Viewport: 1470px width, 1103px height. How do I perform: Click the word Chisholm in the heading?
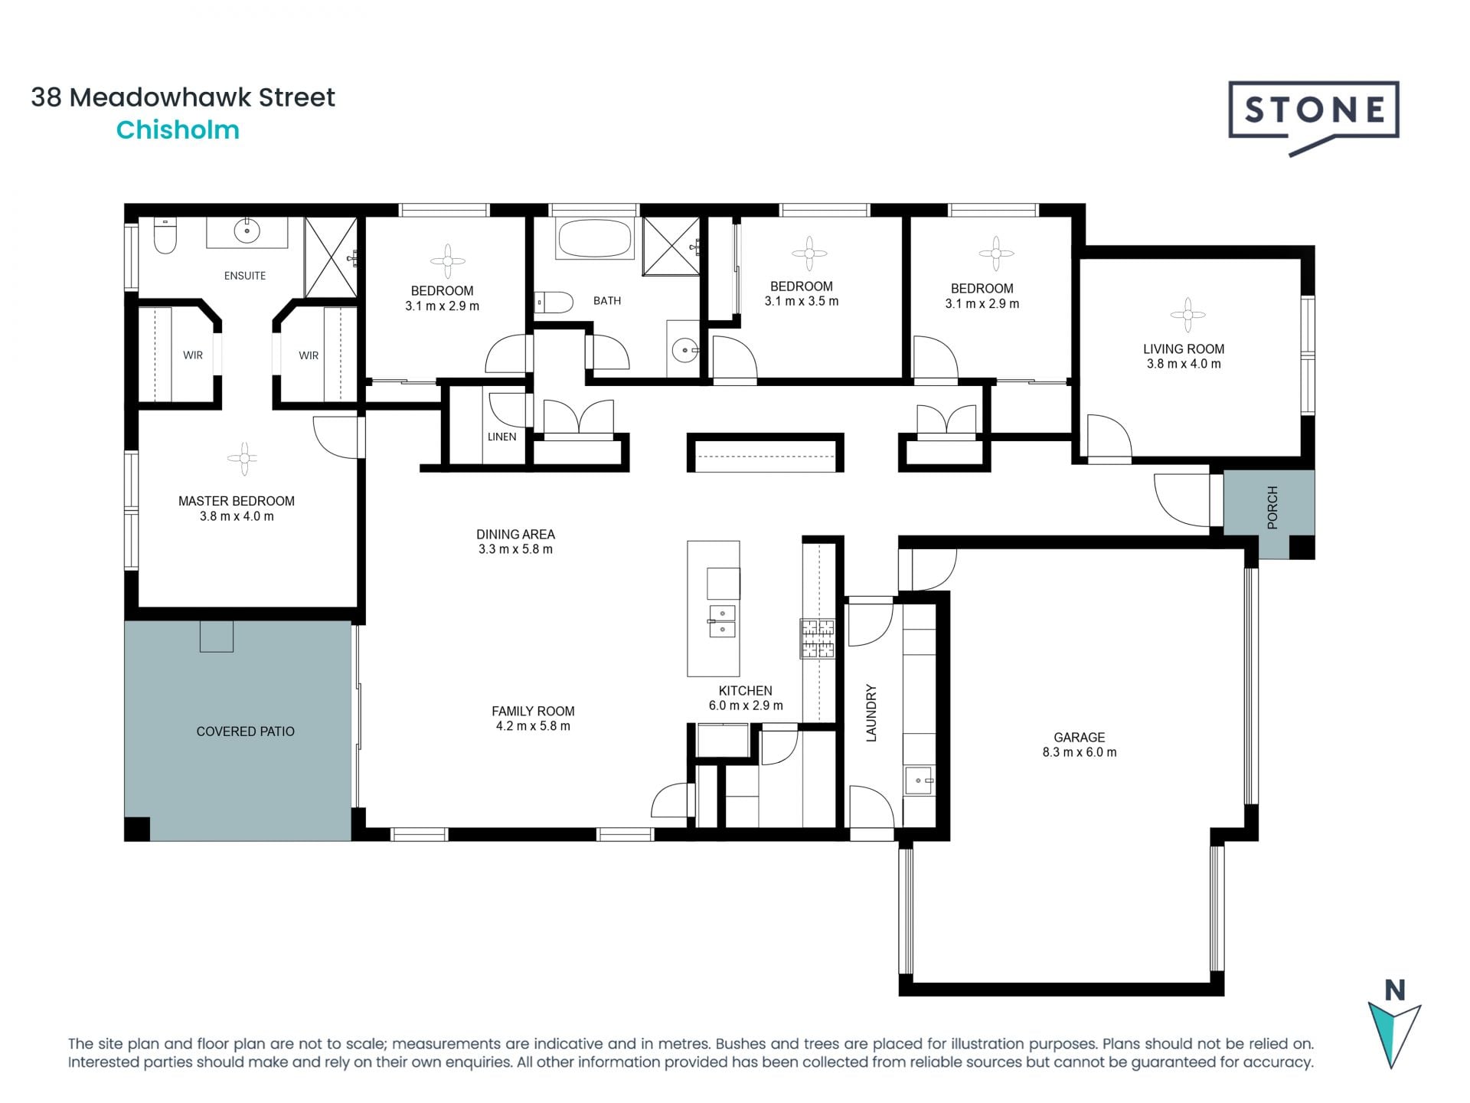click(178, 130)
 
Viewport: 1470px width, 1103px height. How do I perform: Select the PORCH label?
click(1272, 507)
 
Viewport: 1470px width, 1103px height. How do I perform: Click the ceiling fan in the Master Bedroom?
click(243, 459)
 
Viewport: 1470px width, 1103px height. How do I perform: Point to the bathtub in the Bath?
click(595, 239)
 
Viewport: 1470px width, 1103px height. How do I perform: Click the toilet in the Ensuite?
click(165, 236)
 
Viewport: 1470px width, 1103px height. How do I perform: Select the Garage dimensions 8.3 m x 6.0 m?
click(1079, 752)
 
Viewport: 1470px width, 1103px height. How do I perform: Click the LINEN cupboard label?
click(501, 437)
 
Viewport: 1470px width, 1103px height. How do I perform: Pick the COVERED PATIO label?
click(245, 732)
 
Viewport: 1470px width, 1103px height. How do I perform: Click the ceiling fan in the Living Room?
click(1187, 314)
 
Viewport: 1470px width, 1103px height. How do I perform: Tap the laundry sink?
click(919, 781)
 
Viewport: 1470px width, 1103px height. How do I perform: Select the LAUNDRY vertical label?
click(871, 712)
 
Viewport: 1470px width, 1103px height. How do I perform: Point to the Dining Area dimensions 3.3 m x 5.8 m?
click(515, 549)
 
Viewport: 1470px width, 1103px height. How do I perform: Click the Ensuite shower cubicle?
click(331, 257)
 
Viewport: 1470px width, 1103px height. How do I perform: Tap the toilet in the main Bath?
click(554, 303)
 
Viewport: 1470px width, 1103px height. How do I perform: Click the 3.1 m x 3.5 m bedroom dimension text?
click(801, 301)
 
